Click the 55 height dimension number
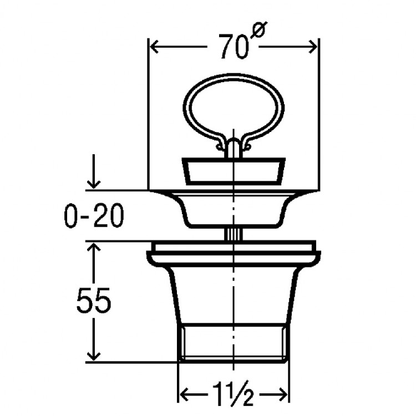[94, 302]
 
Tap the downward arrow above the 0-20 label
[94, 180]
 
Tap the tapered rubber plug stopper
[233, 171]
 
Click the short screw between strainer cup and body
[233, 234]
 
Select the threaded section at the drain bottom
[233, 344]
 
